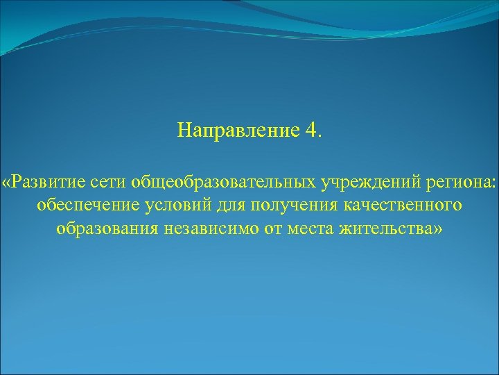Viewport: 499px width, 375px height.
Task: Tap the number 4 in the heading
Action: point(310,131)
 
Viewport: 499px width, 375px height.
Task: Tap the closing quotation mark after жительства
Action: point(435,229)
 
